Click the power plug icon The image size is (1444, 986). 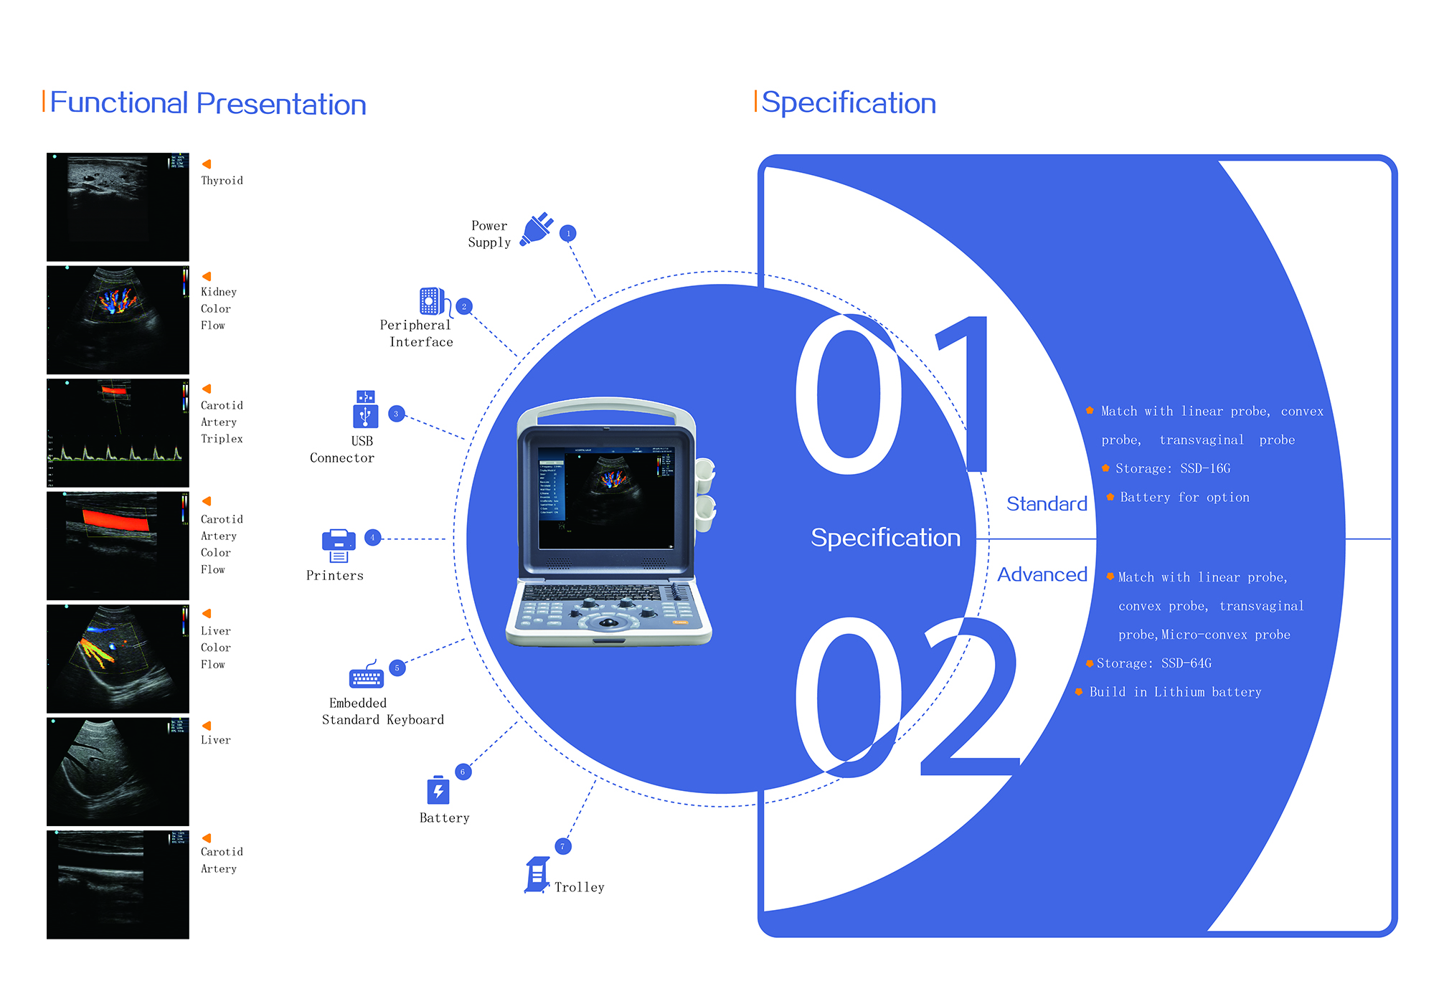tap(537, 229)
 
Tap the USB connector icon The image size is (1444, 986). tap(365, 409)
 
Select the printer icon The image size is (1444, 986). tap(339, 546)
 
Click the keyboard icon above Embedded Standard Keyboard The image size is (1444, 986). tap(366, 675)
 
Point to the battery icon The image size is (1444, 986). tap(438, 790)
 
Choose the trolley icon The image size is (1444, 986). tap(537, 874)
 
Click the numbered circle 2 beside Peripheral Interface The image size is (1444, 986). tap(464, 307)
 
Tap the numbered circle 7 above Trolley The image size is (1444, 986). tap(562, 847)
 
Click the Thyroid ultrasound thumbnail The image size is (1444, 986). tap(118, 207)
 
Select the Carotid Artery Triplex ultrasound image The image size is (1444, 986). tap(118, 433)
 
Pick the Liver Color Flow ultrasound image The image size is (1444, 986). tap(118, 659)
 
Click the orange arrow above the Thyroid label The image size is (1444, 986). tap(207, 164)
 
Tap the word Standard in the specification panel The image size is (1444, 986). tap(1047, 504)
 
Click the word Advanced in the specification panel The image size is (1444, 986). tap(1042, 574)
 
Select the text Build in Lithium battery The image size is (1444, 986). tap(1175, 692)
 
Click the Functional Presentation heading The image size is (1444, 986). tap(208, 103)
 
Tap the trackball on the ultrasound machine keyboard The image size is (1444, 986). tap(608, 622)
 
